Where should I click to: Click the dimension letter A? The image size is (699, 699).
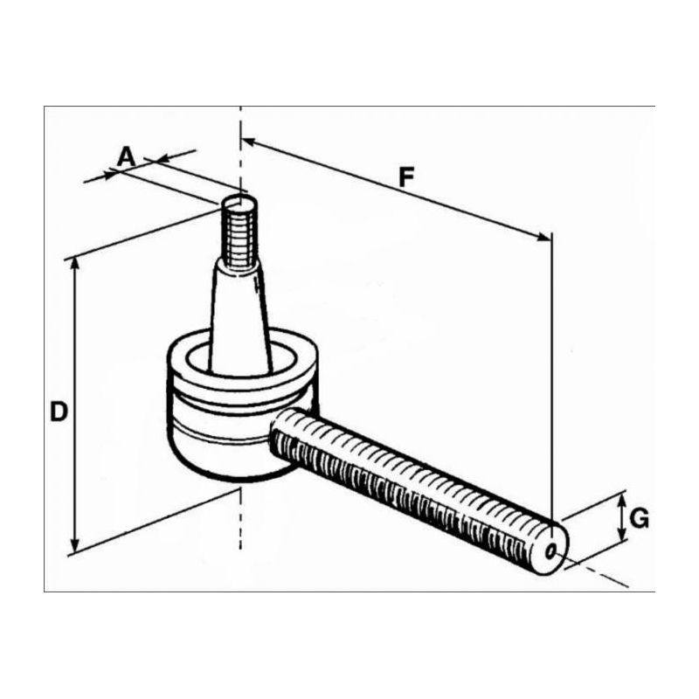coord(126,157)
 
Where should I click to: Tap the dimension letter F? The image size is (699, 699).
coord(406,177)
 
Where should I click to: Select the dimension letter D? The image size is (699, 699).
coord(59,411)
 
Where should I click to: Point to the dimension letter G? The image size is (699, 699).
coord(640,518)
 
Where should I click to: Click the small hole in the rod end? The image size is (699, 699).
coord(551,552)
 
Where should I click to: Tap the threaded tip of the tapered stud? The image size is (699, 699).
coord(239,232)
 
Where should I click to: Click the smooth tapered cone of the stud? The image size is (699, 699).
coord(240,317)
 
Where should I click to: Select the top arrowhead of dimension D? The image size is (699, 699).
coord(75,263)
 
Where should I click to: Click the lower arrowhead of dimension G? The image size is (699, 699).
coord(621,534)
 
